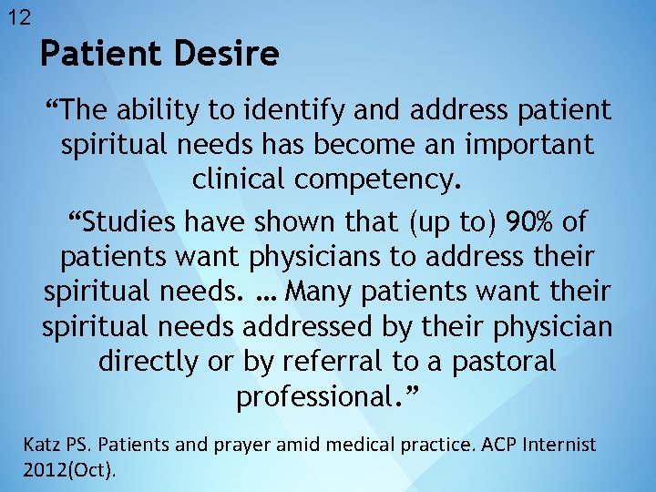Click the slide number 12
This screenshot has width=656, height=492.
point(18,16)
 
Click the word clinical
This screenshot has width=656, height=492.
point(240,179)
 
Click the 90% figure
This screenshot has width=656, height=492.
point(520,220)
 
